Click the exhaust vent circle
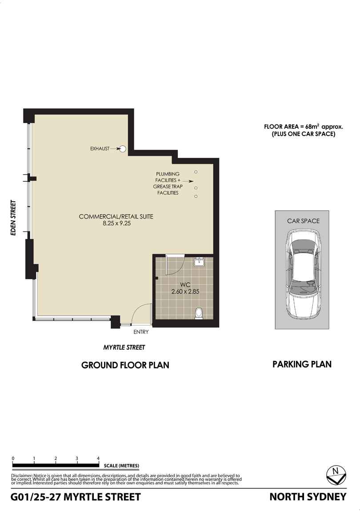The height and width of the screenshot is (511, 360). tap(123, 149)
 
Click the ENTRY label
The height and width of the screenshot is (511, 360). tap(141, 332)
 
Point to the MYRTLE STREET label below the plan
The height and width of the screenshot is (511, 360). tap(124, 347)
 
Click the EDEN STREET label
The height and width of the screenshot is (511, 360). tap(13, 218)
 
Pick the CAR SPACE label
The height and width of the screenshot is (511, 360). tap(303, 221)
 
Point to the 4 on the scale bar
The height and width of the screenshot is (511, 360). tap(98, 458)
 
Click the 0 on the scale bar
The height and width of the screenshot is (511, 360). tap(13, 458)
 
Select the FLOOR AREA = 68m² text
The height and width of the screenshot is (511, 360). tap(292, 127)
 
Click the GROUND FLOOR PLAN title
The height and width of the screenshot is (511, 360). tap(125, 365)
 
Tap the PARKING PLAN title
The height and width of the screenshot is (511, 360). tap(302, 364)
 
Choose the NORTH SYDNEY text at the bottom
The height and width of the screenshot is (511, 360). tap(308, 497)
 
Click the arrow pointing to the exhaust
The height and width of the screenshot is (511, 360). tap(115, 149)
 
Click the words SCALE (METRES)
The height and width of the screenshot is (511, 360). tap(121, 466)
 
